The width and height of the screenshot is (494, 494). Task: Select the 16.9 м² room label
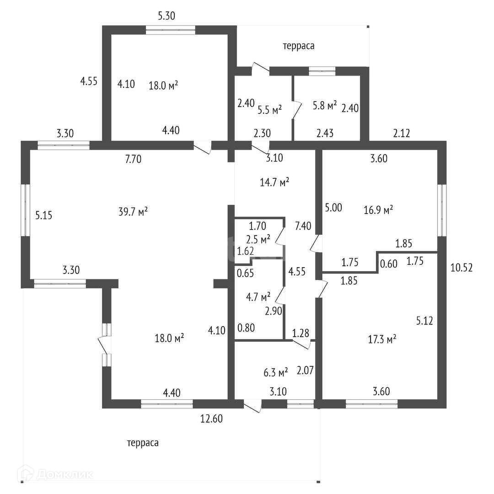pyautogui.click(x=379, y=210)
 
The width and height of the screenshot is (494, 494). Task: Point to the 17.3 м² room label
pyautogui.click(x=382, y=339)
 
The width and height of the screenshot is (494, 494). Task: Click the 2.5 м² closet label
pyautogui.click(x=258, y=239)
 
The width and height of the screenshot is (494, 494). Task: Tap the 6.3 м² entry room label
pyautogui.click(x=276, y=372)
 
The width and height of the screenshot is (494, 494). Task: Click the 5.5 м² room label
pyautogui.click(x=269, y=109)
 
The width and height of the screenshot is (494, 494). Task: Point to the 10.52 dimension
pyautogui.click(x=461, y=268)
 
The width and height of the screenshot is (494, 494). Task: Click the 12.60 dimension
pyautogui.click(x=211, y=418)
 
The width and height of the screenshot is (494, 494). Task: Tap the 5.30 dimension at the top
pyautogui.click(x=166, y=16)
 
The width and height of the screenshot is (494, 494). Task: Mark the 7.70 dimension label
pyautogui.click(x=133, y=159)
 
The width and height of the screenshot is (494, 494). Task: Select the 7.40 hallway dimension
pyautogui.click(x=303, y=226)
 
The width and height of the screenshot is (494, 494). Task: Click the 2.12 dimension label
pyautogui.click(x=402, y=134)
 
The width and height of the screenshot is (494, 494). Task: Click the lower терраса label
pyautogui.click(x=143, y=443)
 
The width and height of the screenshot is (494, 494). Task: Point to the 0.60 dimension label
pyautogui.click(x=389, y=263)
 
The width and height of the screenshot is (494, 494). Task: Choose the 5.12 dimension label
pyautogui.click(x=424, y=321)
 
